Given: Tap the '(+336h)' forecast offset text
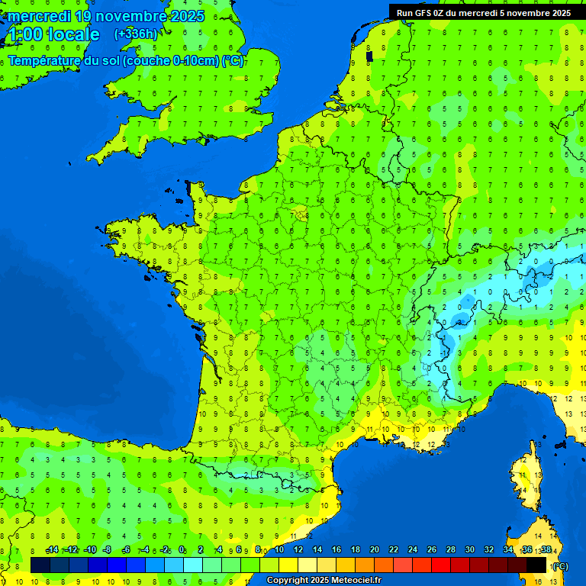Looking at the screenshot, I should coord(136,34).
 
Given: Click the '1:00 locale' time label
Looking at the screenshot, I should coord(53,34).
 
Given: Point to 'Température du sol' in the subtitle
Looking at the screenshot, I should coord(63,61).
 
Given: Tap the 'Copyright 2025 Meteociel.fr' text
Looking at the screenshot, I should coord(324,580).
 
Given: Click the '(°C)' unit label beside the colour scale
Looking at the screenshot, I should coord(559,566).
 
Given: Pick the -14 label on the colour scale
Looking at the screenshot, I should coord(52,550).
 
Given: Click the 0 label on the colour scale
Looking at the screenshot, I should coord(182,550).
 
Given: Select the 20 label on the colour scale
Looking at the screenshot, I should coord(374,550).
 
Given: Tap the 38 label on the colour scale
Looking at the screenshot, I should coord(546,550).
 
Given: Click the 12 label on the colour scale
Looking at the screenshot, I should coord(298,550).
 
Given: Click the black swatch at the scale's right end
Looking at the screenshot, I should coord(536,565).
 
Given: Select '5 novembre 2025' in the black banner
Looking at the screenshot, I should coord(536,12).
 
